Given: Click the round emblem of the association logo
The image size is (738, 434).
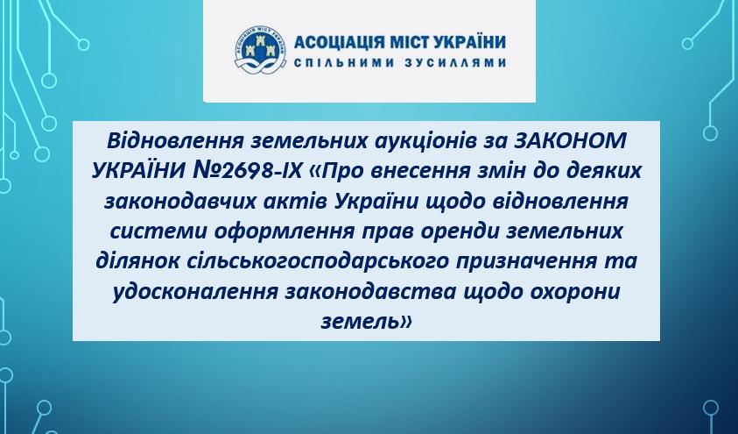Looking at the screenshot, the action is [260, 50].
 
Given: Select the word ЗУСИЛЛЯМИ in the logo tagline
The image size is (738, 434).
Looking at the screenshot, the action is [455, 62].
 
